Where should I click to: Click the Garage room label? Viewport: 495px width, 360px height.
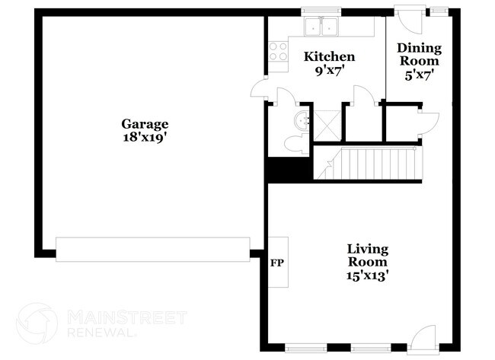[x=145, y=124]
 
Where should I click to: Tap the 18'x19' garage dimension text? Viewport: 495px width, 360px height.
[x=145, y=138]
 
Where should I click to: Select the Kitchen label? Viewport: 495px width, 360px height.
[x=329, y=57]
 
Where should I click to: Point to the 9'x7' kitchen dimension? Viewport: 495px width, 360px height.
[x=329, y=71]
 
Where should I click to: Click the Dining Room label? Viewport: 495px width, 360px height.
[x=420, y=54]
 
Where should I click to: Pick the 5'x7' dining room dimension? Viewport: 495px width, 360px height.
[x=420, y=75]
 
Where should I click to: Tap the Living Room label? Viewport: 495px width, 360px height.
[x=368, y=256]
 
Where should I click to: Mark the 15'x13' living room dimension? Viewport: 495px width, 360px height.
[x=367, y=276]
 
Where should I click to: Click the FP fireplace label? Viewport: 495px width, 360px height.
[x=277, y=263]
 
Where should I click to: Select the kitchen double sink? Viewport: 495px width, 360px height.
[x=321, y=26]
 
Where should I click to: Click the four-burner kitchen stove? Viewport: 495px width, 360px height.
[x=278, y=52]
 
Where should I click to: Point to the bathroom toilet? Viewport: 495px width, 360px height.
[x=296, y=144]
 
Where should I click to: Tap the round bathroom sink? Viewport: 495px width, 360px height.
[x=302, y=119]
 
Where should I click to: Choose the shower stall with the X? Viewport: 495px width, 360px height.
[x=327, y=126]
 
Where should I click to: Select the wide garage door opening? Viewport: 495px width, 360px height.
[x=153, y=249]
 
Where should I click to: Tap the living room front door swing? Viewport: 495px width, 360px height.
[x=423, y=336]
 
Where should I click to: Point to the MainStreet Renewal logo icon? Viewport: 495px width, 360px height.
[x=37, y=323]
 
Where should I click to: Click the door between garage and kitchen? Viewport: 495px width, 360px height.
[x=258, y=89]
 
